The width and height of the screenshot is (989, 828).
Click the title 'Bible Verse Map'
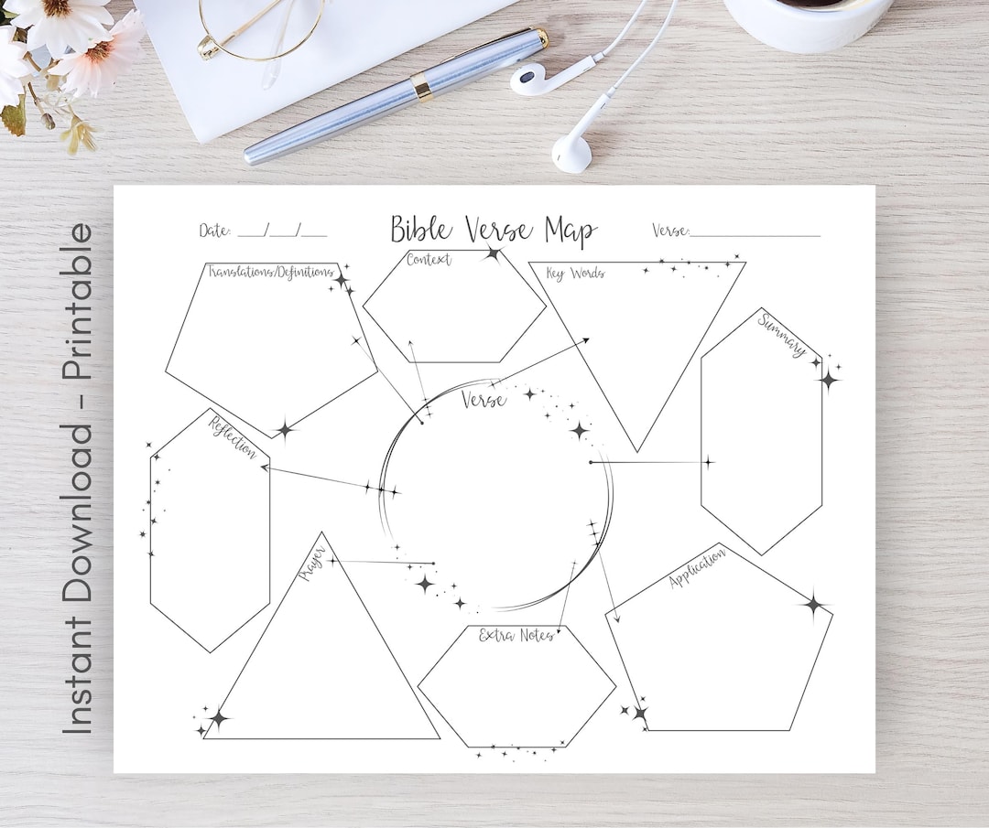click(494, 230)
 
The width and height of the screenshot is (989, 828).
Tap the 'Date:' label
click(215, 231)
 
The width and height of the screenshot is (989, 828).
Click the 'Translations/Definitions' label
click(269, 272)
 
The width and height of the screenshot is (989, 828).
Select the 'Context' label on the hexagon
click(429, 260)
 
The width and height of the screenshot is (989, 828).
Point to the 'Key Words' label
click(575, 273)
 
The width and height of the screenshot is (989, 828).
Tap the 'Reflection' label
click(233, 437)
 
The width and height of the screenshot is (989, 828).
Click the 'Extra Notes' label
click(516, 635)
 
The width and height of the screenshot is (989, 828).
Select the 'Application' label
click(698, 568)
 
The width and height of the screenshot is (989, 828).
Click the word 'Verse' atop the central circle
click(483, 400)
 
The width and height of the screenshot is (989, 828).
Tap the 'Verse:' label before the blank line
click(670, 231)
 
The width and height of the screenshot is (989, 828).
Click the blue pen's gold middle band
click(421, 87)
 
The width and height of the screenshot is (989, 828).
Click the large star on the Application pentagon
click(813, 604)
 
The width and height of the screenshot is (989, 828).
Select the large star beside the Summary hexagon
click(829, 379)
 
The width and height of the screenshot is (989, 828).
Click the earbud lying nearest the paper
click(572, 151)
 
